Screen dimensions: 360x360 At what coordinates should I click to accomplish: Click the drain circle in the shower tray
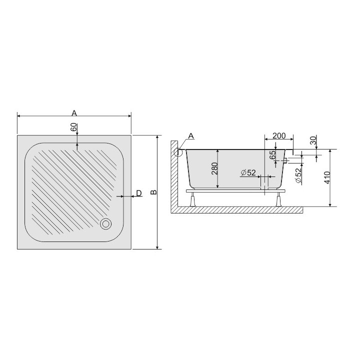tap(105, 224)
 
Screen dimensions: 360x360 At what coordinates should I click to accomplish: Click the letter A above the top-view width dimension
tap(74, 111)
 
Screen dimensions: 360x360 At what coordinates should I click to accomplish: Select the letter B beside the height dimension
tap(153, 192)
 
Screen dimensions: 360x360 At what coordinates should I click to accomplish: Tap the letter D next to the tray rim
tap(138, 193)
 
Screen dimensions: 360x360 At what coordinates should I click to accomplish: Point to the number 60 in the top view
tap(73, 127)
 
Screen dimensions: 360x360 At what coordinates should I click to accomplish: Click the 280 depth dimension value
tap(214, 169)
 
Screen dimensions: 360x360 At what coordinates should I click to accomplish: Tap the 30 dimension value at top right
tap(313, 141)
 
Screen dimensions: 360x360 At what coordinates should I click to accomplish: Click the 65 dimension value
tap(272, 155)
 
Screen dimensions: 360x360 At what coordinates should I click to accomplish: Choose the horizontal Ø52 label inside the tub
tap(248, 172)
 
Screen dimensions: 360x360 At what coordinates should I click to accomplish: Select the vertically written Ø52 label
tap(298, 175)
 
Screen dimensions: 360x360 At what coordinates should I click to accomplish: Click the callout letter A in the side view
tap(190, 136)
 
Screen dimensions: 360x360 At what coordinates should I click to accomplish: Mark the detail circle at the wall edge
tap(177, 152)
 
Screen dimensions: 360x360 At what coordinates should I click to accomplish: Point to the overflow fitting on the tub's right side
tap(285, 161)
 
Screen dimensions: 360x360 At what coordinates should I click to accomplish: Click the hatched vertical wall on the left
tap(173, 180)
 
